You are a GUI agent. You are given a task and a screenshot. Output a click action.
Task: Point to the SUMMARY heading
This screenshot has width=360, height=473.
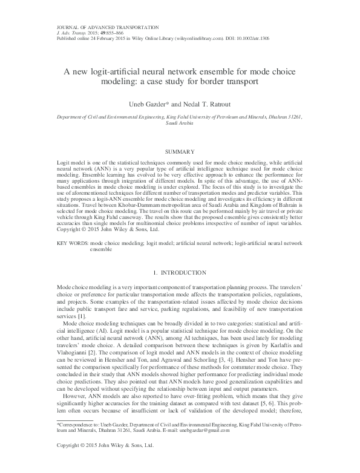tap(180, 151)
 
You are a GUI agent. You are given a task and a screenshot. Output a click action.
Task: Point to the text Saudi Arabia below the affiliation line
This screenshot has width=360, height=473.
tap(180, 122)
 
